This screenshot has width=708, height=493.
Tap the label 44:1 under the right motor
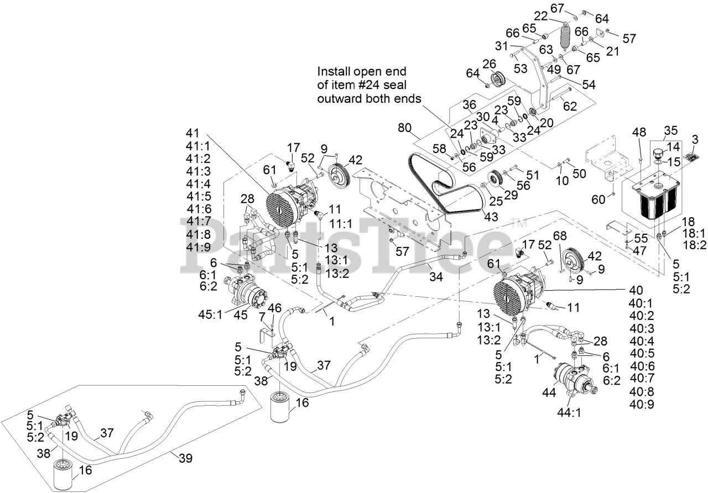coord(568,413)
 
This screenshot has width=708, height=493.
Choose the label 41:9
coord(199,246)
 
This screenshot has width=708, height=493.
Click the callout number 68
coord(560,236)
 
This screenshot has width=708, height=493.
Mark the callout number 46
coord(275,307)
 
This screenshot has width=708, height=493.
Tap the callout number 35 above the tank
coord(671,131)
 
